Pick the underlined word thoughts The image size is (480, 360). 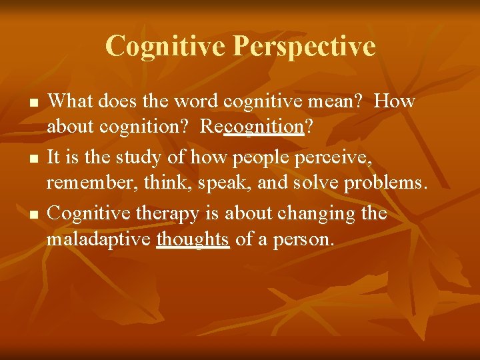(x=193, y=239)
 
